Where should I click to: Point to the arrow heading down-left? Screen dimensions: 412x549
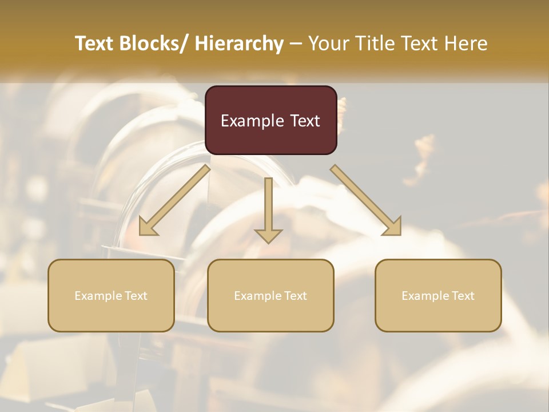(174, 200)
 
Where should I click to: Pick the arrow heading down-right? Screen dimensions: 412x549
(366, 200)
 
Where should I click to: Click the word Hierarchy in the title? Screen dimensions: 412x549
(239, 43)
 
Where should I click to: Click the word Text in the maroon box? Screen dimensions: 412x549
(305, 121)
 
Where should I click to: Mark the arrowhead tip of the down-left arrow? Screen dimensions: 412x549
(140, 235)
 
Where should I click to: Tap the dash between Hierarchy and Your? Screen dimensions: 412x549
(296, 43)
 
